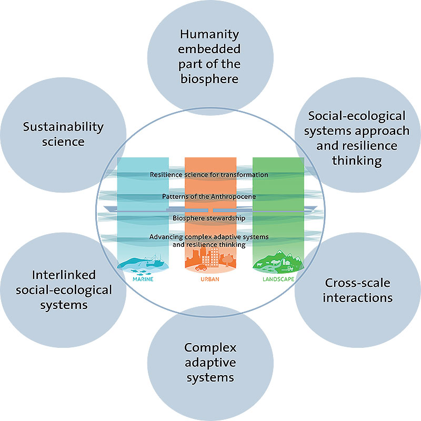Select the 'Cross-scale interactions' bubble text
tap(358, 290)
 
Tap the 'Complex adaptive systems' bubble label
tap(210, 363)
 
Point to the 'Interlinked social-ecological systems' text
tap(64, 289)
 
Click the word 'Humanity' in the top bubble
tap(209, 35)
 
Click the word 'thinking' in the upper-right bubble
tap(357, 160)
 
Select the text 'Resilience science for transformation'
tap(209, 175)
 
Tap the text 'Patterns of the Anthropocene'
tap(209, 196)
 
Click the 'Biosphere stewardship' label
tap(209, 217)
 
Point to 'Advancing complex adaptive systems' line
tap(209, 237)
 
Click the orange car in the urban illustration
tap(201, 267)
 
